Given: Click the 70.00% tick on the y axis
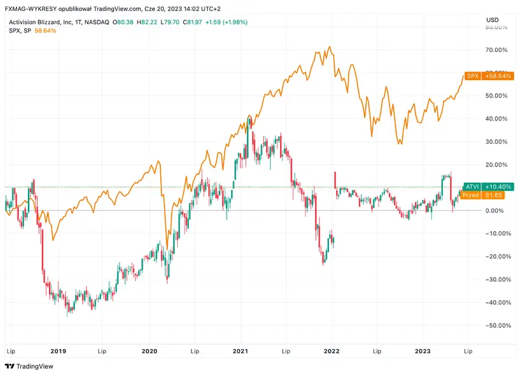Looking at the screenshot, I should [498, 50].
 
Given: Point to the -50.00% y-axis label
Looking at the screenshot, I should [496, 325].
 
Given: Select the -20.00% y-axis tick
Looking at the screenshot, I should [496, 256].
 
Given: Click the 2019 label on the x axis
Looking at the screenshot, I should [58, 351].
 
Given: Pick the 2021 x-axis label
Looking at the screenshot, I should [240, 351].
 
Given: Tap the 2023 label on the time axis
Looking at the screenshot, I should [423, 351].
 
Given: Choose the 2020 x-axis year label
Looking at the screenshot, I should [149, 351].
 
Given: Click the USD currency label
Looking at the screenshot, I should [493, 20].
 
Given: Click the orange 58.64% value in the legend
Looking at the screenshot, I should [46, 31].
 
